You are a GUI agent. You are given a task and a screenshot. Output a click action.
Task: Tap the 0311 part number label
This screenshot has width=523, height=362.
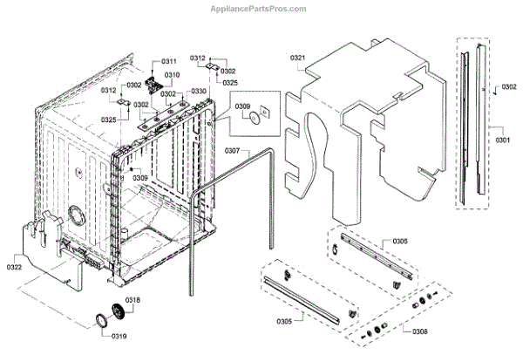(x=169, y=61)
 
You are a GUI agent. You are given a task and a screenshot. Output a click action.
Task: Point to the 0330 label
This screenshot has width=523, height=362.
(x=199, y=91)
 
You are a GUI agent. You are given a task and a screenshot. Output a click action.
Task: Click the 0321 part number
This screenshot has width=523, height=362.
(x=297, y=58)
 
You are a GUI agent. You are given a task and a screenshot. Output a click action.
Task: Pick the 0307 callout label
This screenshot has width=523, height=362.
(x=232, y=151)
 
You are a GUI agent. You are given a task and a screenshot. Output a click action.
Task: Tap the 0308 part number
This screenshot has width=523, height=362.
(x=419, y=332)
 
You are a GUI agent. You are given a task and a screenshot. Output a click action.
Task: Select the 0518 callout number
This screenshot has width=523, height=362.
(x=132, y=300)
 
